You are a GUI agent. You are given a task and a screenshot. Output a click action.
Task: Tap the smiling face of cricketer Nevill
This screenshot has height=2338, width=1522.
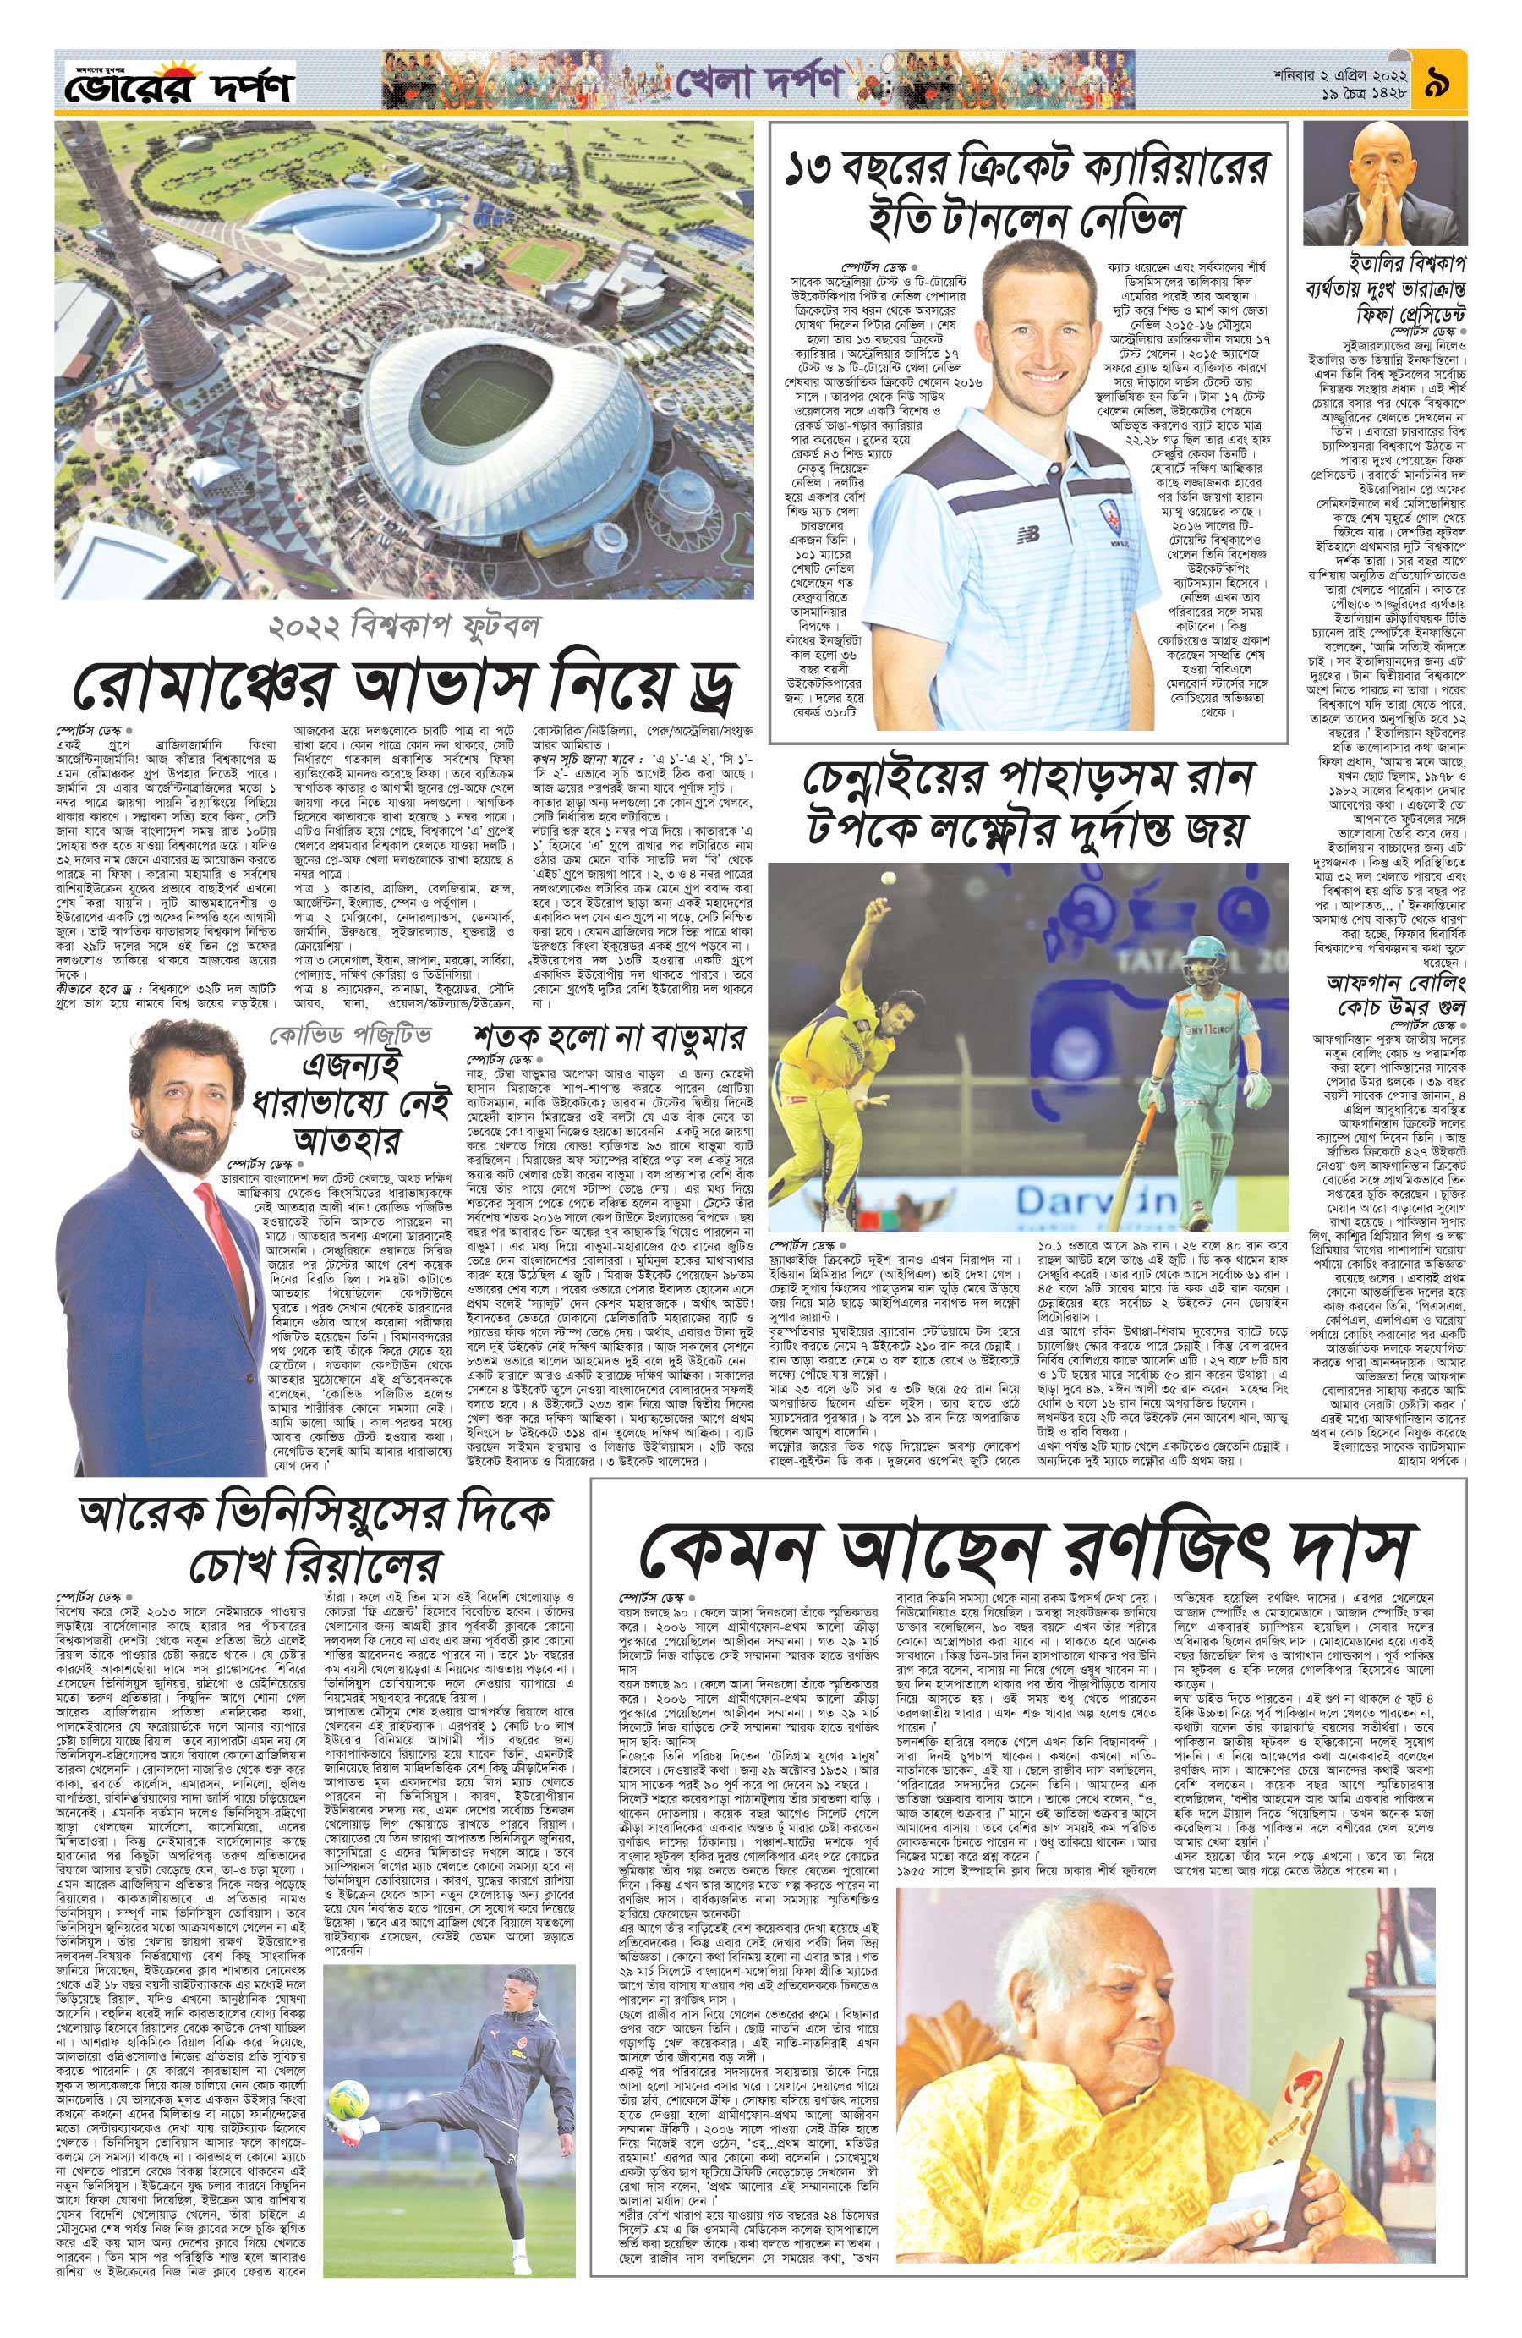coord(982,299)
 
